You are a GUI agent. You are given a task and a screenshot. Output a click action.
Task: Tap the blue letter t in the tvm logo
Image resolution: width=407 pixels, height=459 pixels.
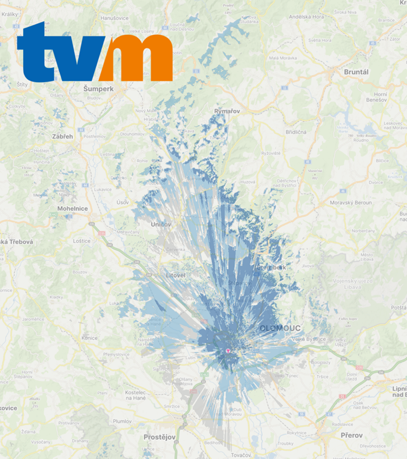(37, 54)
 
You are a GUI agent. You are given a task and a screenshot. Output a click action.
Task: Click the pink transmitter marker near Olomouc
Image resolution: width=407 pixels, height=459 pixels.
(228, 351)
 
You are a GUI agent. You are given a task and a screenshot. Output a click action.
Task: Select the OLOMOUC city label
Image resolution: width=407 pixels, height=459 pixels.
(279, 329)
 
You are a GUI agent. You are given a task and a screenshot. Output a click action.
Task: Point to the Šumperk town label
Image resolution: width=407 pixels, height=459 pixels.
(98, 88)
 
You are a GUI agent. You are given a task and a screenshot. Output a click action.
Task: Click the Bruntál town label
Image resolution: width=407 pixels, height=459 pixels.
(356, 72)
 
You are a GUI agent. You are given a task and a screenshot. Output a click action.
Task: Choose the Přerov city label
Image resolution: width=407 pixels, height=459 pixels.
(351, 435)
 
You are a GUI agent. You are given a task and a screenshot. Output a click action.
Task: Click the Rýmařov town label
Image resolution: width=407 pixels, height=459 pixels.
(227, 111)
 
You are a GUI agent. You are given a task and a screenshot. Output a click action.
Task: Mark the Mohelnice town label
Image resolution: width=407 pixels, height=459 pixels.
(72, 208)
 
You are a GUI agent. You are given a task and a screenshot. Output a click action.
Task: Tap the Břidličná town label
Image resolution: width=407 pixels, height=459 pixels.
(295, 132)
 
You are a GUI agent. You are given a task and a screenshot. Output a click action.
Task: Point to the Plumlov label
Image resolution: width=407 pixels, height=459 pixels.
(122, 421)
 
